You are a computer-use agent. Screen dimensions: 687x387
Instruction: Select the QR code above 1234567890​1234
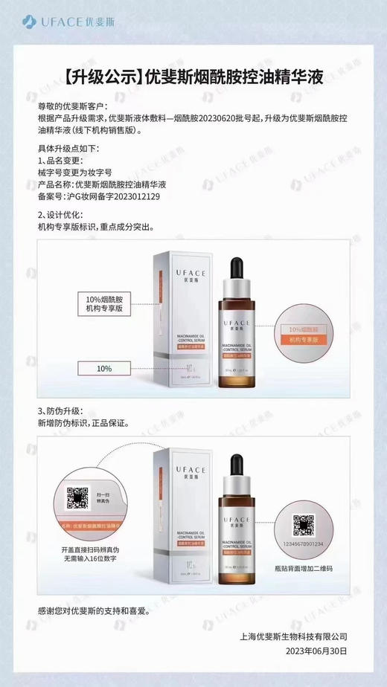303,523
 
